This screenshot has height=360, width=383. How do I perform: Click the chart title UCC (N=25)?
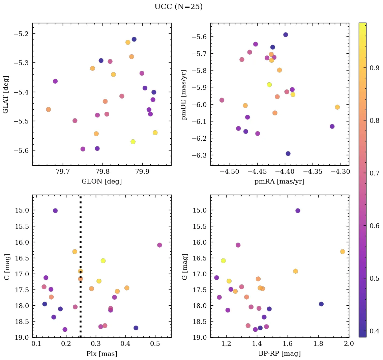point(178,7)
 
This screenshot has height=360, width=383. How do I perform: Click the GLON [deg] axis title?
point(101,182)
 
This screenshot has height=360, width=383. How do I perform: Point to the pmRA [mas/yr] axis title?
point(279,182)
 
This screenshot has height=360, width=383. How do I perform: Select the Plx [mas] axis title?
point(101,354)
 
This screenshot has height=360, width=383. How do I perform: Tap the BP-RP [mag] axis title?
point(279,354)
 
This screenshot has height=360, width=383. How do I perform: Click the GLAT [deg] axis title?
point(6,94)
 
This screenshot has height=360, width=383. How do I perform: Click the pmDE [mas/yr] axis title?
point(184,94)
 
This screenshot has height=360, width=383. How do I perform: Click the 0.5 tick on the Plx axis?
point(155,344)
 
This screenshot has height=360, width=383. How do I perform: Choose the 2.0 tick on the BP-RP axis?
point(349,344)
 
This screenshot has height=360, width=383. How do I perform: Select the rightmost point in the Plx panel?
point(159,245)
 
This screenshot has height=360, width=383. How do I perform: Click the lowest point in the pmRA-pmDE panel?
point(288,154)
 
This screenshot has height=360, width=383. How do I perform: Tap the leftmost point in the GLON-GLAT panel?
point(48,109)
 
